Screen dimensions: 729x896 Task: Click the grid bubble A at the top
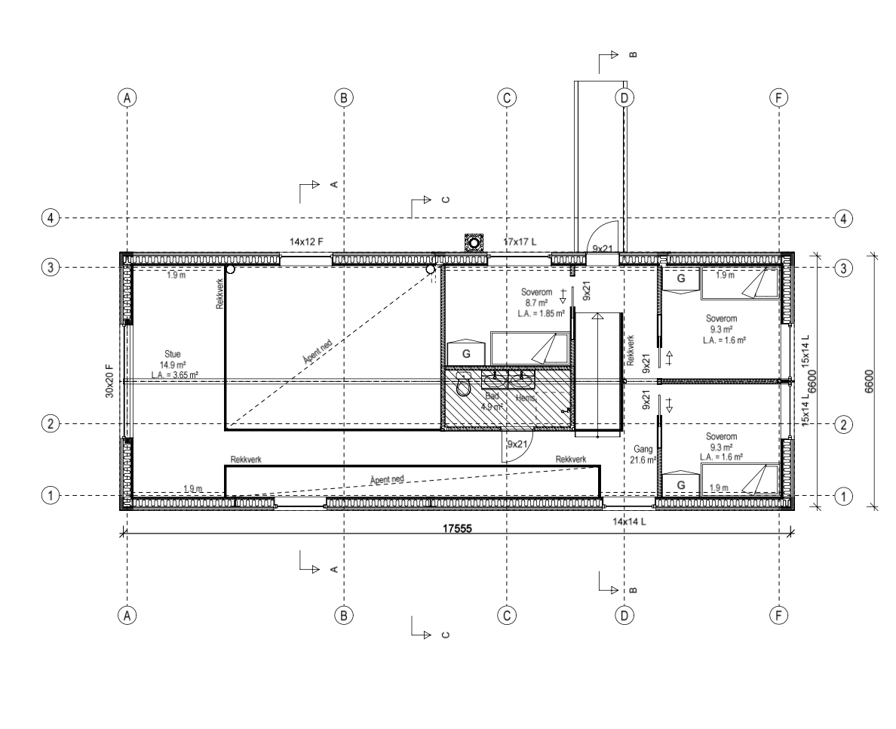coord(128,97)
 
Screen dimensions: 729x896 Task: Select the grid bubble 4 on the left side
coord(51,218)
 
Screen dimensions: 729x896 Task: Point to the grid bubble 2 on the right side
coord(842,424)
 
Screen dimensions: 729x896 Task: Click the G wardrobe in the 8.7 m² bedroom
coord(466,354)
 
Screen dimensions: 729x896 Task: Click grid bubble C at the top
coord(507,97)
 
